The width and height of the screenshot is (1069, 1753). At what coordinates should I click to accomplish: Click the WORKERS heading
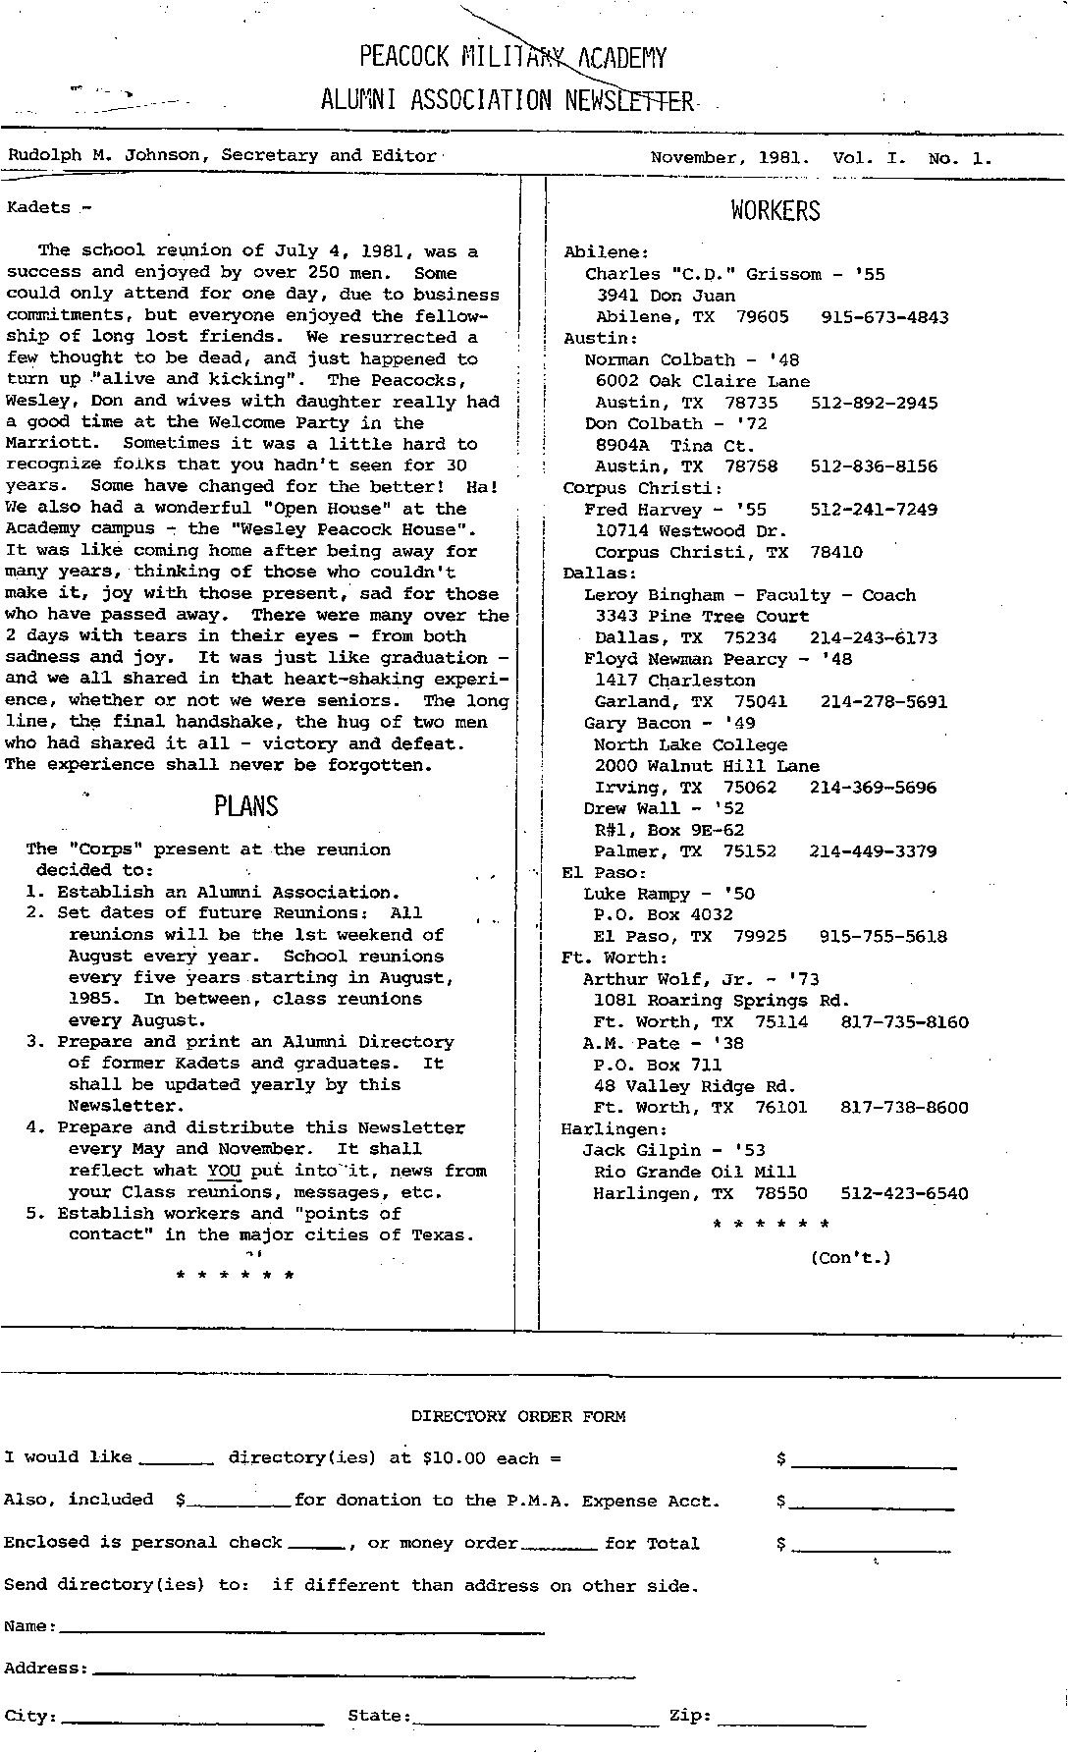point(775,211)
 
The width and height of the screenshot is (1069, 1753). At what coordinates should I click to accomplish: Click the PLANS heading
point(246,806)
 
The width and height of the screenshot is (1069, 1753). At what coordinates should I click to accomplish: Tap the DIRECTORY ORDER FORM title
point(517,1416)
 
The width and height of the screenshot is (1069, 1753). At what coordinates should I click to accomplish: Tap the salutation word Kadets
point(39,207)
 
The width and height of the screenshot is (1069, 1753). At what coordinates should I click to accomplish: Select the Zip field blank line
point(793,1717)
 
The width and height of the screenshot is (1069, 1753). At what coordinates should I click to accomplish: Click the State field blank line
point(536,1717)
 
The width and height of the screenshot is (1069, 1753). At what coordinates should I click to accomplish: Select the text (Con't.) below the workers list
point(850,1257)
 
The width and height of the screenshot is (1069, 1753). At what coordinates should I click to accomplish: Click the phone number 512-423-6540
point(904,1194)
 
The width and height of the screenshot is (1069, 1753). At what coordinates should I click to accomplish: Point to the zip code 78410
point(836,552)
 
